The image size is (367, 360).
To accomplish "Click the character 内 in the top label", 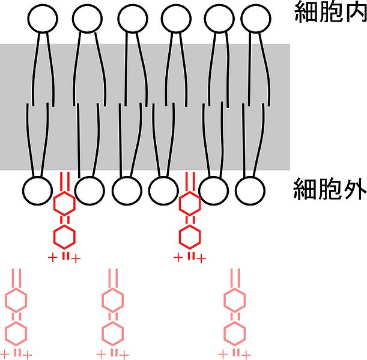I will (x=352, y=12).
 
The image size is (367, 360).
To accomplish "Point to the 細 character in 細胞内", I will (x=305, y=12).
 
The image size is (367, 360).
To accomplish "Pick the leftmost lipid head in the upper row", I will (x=42, y=19).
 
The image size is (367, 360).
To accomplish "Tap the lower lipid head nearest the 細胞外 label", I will (x=250, y=190).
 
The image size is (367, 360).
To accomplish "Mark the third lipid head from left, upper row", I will (x=133, y=19).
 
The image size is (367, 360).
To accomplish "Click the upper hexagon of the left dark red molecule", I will (x=65, y=206).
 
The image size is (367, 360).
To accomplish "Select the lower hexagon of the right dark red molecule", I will (x=191, y=236).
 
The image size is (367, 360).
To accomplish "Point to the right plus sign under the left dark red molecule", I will (x=76, y=258).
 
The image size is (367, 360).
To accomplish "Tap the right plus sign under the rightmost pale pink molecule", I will (x=247, y=354).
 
